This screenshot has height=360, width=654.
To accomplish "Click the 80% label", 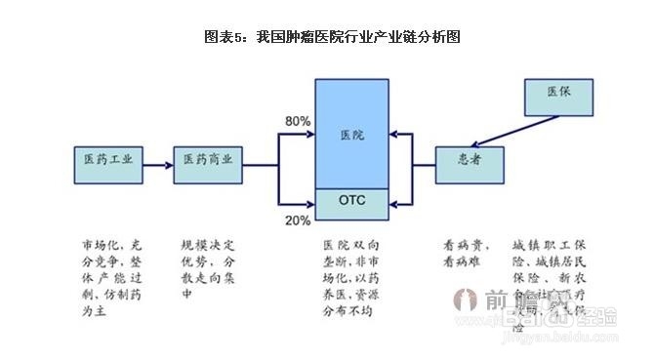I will coord(297,121).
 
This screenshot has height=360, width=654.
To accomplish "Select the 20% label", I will coord(297,220).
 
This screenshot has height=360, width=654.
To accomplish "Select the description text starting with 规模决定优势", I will coord(208,266).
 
